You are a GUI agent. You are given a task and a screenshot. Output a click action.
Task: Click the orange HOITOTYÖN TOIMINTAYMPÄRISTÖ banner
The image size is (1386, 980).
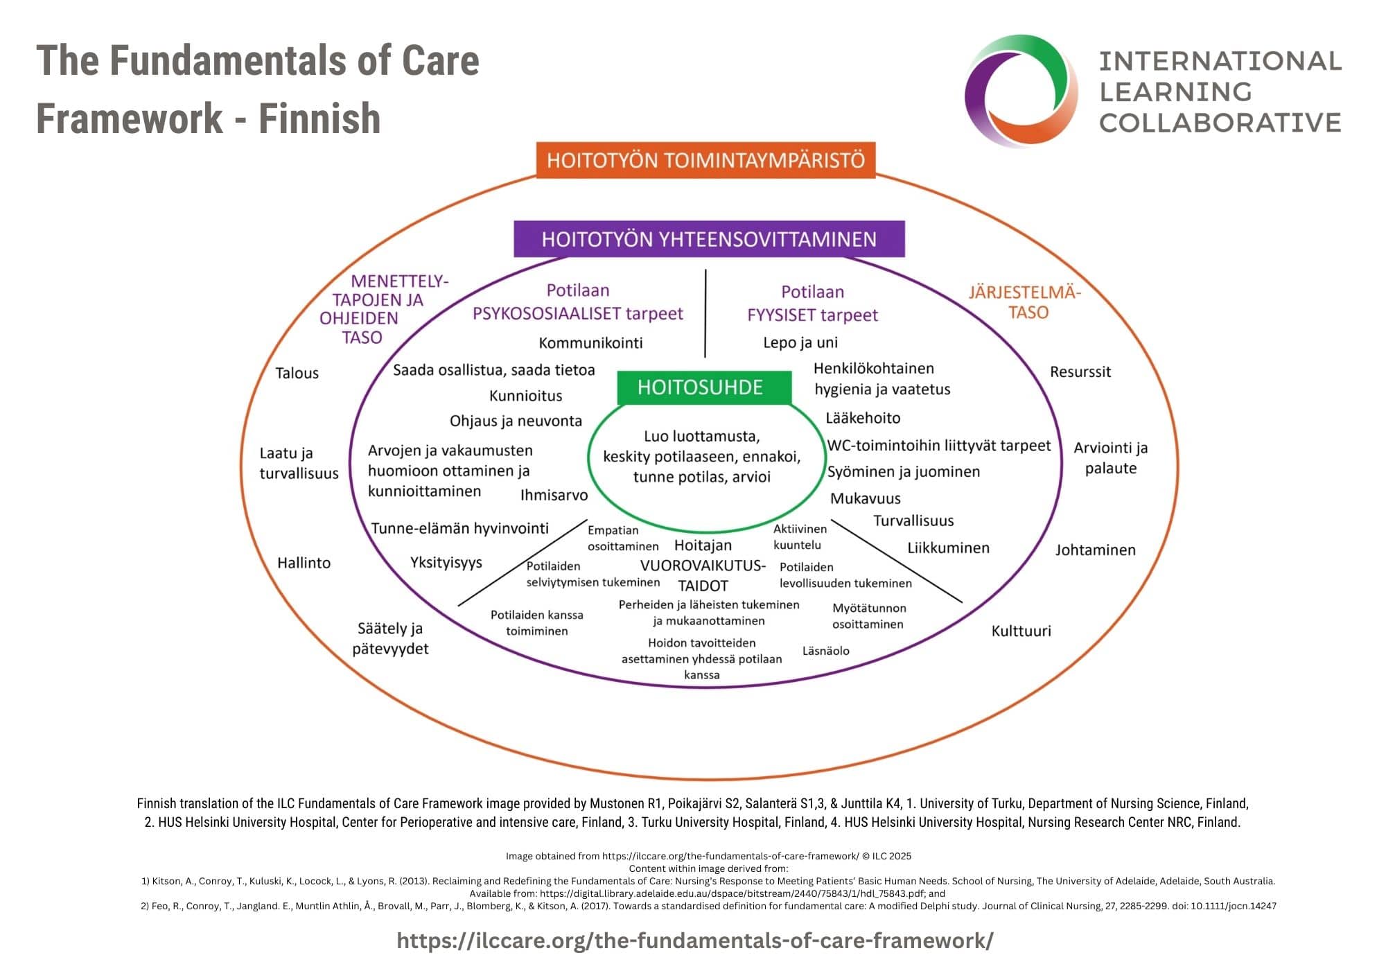click(x=705, y=160)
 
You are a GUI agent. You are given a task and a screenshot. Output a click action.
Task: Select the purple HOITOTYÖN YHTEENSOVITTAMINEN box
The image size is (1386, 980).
click(x=709, y=239)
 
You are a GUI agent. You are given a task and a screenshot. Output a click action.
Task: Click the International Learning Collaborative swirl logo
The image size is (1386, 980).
click(x=1021, y=91)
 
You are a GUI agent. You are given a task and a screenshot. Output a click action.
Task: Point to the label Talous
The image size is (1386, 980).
click(x=297, y=373)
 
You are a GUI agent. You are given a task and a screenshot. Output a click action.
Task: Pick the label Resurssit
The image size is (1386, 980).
click(x=1080, y=371)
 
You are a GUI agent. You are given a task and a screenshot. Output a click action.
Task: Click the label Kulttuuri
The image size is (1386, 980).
click(x=1021, y=631)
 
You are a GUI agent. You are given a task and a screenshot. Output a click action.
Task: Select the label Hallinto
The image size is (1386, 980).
click(x=304, y=563)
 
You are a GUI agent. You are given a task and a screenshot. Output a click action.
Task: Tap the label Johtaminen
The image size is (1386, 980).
click(x=1095, y=550)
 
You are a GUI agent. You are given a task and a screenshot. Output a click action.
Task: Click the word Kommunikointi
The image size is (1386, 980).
click(x=590, y=342)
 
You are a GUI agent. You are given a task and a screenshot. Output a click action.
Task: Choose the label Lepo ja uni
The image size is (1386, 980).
click(x=800, y=342)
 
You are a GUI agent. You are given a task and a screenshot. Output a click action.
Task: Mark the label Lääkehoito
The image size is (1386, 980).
click(x=863, y=418)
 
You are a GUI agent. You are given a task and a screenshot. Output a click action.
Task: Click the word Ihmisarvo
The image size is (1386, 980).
click(x=554, y=495)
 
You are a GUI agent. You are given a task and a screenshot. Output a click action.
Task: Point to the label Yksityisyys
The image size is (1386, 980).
click(x=446, y=562)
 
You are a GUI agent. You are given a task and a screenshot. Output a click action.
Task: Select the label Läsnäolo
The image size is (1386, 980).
click(x=825, y=651)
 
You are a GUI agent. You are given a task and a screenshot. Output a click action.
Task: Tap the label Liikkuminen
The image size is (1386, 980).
click(x=948, y=548)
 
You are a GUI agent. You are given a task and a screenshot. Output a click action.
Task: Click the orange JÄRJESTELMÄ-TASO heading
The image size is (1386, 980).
click(x=1024, y=301)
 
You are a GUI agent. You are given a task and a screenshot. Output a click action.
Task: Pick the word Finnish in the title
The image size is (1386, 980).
click(x=319, y=119)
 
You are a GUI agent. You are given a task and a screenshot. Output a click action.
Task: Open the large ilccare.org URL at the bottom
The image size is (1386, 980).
click(x=694, y=940)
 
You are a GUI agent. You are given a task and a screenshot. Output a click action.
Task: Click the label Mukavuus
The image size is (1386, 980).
click(x=865, y=498)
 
